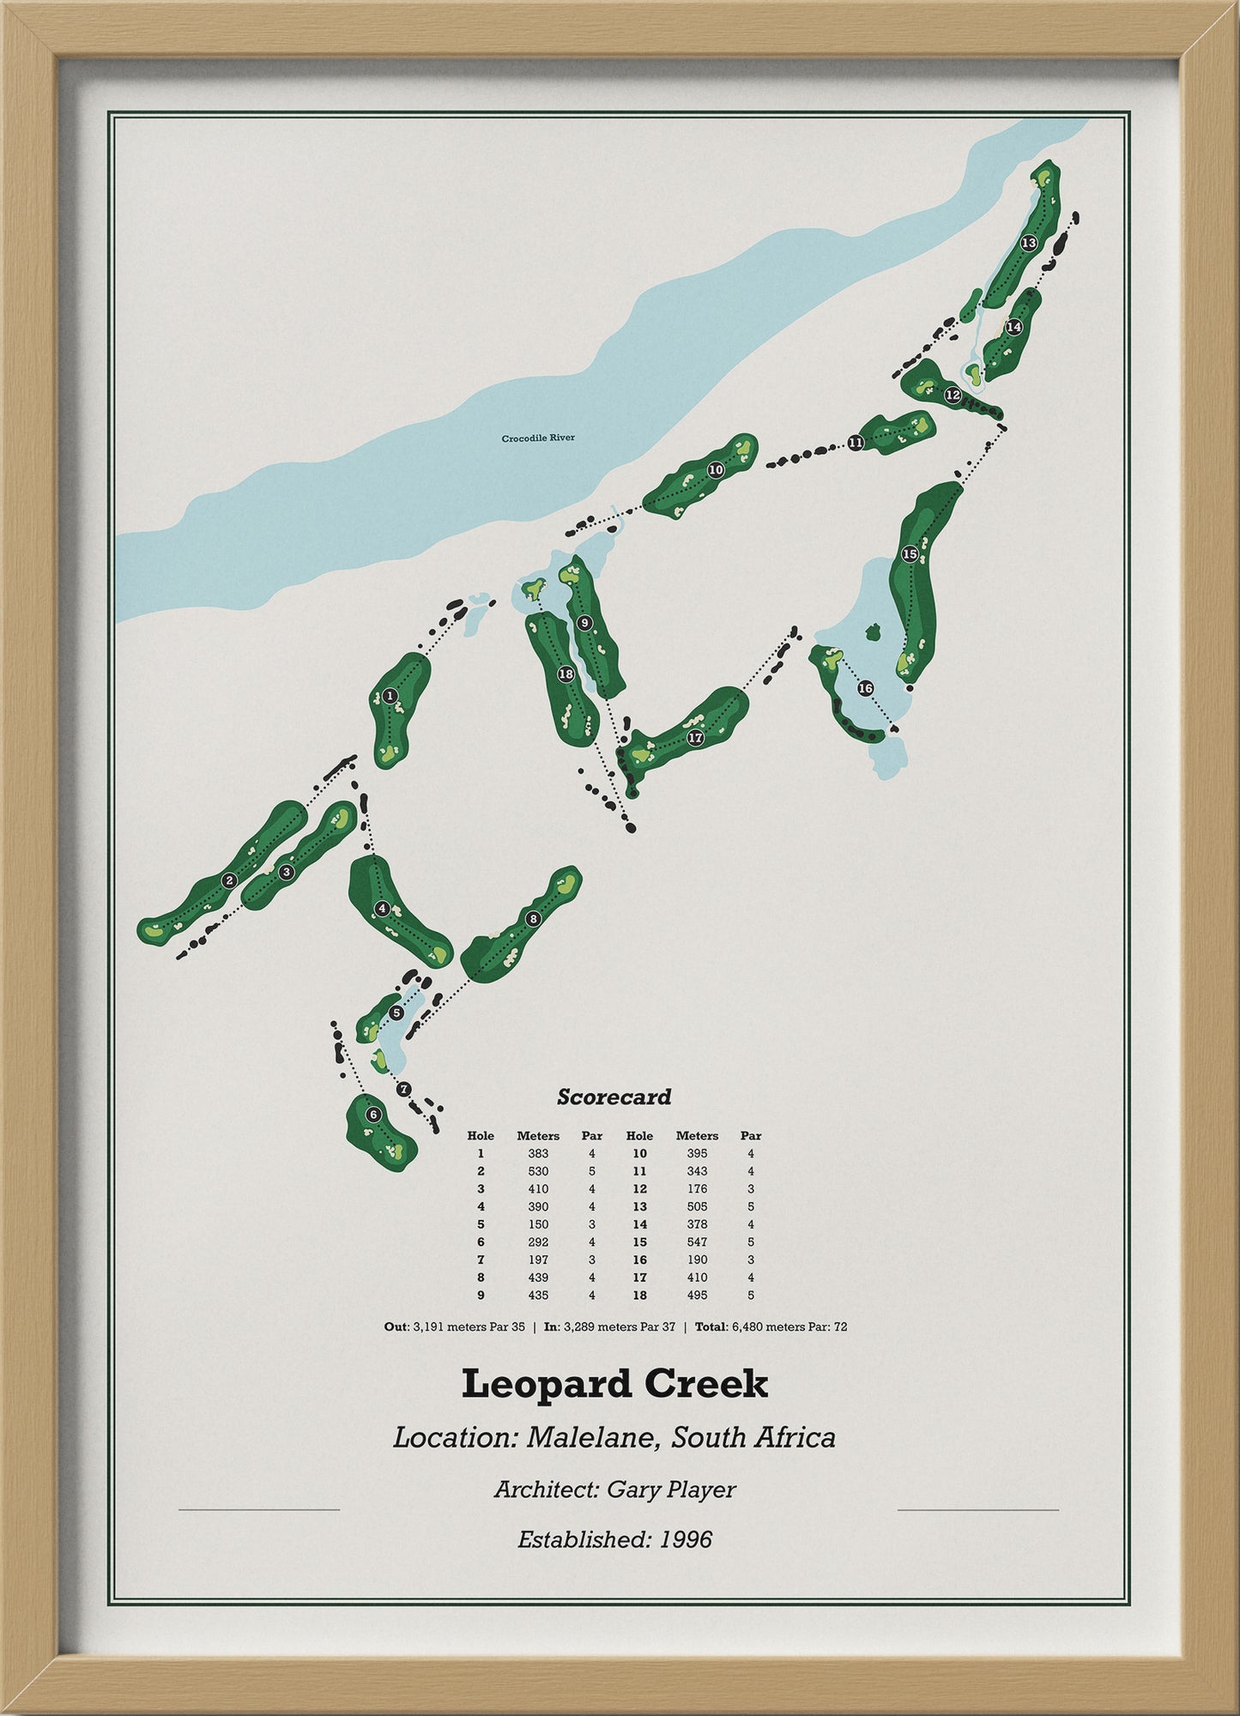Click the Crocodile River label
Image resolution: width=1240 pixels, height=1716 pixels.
538,438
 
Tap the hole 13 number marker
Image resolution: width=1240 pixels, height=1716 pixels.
1029,243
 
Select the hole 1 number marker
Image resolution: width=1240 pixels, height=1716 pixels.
391,696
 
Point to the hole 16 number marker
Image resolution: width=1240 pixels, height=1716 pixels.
865,689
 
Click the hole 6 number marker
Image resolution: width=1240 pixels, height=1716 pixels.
372,1115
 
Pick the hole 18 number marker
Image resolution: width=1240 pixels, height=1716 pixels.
565,674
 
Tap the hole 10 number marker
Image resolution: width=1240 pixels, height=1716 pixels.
716,470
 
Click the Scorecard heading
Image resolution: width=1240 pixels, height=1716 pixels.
614,1097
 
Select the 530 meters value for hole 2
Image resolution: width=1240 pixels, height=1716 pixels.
538,1171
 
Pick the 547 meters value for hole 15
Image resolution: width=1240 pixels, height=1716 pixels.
697,1242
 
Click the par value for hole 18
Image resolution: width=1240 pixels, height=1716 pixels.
751,1295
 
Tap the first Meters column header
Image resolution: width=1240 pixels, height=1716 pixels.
538,1135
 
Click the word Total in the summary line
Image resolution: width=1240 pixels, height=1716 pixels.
711,1326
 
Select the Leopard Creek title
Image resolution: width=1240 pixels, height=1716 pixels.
614,1383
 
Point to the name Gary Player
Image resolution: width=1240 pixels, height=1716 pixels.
671,1489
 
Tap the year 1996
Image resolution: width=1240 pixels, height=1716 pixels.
687,1539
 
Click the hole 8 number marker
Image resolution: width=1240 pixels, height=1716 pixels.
534,919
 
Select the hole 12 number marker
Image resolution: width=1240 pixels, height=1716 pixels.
953,395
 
